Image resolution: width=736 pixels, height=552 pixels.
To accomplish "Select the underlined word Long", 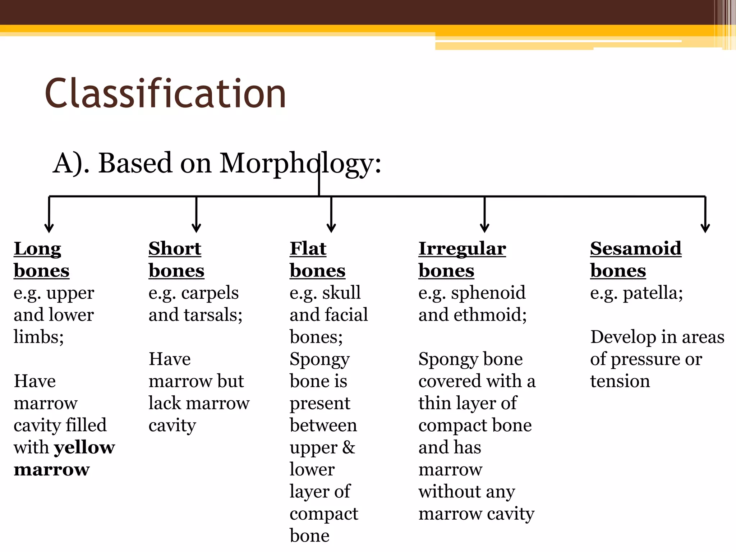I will (x=37, y=249).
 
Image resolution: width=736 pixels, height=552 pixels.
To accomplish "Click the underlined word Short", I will (x=175, y=249).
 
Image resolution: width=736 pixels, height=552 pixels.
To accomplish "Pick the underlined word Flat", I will (x=308, y=249).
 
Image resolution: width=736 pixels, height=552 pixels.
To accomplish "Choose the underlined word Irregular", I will (x=462, y=249).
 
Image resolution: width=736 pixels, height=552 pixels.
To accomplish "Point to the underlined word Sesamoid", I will (x=635, y=249).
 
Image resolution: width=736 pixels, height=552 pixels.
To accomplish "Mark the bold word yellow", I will (x=84, y=448).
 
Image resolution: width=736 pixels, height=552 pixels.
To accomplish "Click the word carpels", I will (x=210, y=293).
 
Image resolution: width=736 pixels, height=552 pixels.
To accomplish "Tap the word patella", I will (x=650, y=293).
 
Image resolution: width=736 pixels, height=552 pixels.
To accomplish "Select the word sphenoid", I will (x=488, y=293).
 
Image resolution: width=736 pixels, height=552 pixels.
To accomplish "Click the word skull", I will (x=341, y=293).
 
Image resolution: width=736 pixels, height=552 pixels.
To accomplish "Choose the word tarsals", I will (x=213, y=315).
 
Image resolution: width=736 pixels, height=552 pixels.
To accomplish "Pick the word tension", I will (x=620, y=381).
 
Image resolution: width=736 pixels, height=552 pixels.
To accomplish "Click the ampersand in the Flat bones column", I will (x=348, y=448).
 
